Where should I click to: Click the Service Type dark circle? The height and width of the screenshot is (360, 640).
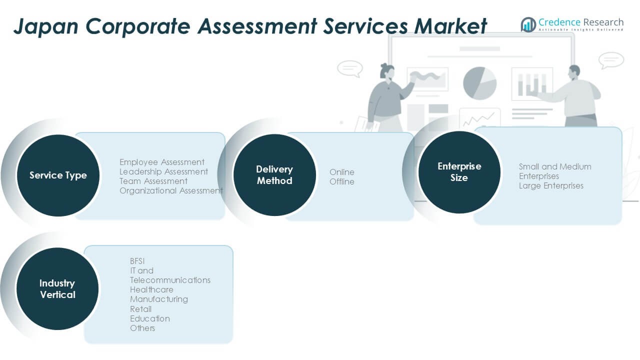58,175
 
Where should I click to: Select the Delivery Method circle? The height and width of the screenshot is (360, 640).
274,175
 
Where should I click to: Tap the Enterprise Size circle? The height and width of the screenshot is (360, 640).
459,172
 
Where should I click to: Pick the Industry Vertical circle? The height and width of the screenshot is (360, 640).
57,289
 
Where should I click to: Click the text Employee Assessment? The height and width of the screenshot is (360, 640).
162,162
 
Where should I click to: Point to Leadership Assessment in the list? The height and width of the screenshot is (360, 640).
163,171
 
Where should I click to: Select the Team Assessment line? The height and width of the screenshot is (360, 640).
153,181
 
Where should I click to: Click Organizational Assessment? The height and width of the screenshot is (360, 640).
171,190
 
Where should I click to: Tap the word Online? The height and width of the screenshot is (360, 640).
342,172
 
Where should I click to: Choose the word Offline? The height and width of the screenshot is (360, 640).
342,181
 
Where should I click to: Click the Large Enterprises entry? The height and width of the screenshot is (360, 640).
551,185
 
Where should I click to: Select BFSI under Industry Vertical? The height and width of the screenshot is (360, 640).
137,261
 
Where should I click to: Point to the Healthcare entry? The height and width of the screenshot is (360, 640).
151,289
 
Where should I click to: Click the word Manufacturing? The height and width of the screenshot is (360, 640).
159,299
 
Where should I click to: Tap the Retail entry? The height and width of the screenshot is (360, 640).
140,309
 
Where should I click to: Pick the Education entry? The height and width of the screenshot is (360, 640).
150,318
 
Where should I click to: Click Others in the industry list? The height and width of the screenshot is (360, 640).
142,328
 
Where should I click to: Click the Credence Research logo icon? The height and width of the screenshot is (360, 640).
528,24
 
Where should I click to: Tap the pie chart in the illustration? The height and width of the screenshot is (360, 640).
479,83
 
